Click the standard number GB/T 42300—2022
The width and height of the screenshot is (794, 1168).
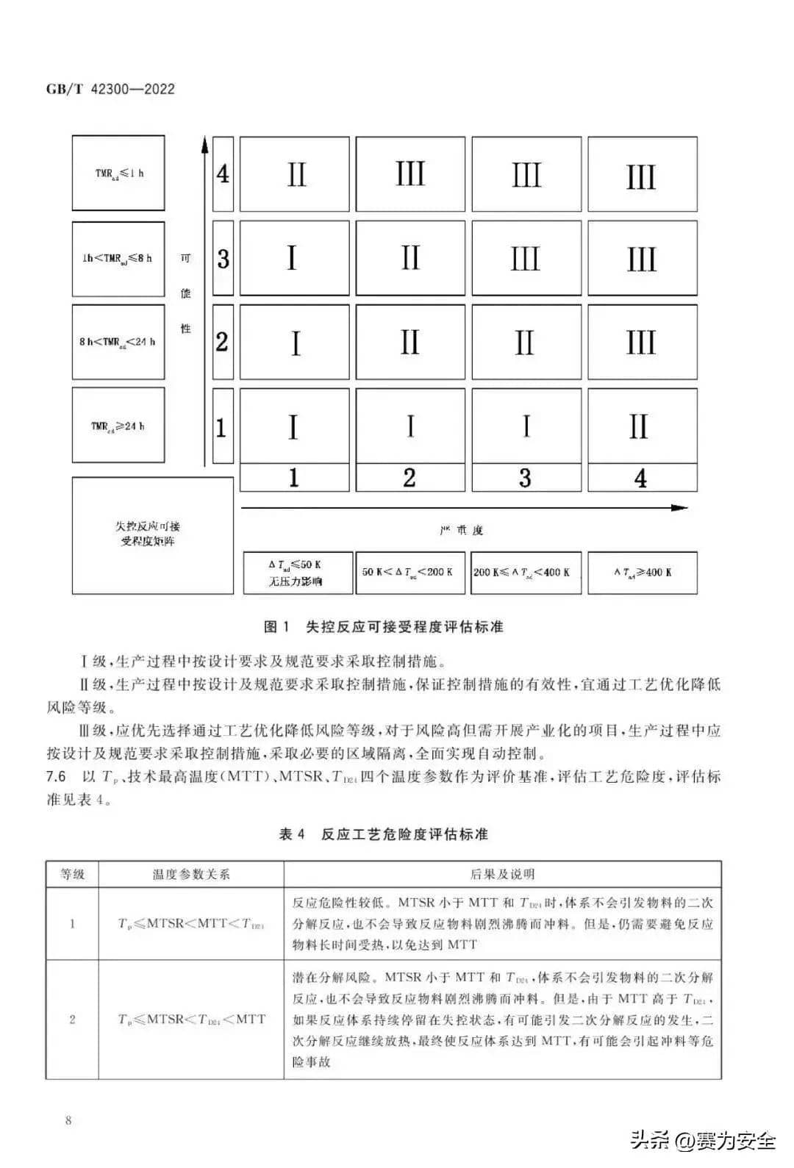110,89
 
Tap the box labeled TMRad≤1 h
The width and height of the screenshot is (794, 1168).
118,173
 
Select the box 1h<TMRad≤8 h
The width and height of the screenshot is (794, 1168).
118,258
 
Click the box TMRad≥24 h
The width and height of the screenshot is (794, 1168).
118,426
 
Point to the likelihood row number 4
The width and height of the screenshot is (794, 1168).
223,174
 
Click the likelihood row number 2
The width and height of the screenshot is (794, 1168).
223,342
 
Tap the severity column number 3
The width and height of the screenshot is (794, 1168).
526,478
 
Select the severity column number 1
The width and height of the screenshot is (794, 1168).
294,478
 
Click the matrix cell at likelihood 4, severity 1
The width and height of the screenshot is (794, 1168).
295,174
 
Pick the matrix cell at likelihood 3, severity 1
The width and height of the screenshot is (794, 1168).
295,258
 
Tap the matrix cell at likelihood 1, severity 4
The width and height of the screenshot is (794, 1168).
642,426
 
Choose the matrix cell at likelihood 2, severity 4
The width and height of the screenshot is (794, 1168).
642,342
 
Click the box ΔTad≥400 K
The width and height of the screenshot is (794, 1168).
642,573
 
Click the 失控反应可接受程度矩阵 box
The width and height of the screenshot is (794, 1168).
152,535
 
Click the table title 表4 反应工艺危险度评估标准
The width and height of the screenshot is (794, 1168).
384,834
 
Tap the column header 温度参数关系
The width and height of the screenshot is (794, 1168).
191,874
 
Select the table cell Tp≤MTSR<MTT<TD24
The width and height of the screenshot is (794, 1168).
191,923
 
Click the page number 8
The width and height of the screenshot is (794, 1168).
68,1120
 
